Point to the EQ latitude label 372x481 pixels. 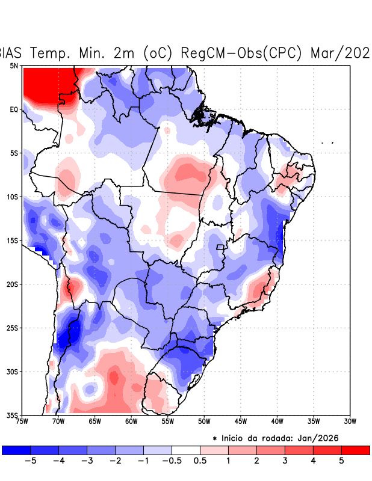[14, 109]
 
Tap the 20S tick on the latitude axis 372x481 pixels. [13, 284]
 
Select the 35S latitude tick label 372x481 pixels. [13, 415]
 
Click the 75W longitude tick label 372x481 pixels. [23, 421]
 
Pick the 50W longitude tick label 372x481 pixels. [204, 421]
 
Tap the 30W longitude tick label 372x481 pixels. [350, 421]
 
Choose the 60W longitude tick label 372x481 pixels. [131, 421]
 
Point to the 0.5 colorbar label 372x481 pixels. [200, 461]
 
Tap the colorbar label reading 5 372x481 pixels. [341, 461]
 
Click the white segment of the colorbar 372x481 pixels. [186, 450]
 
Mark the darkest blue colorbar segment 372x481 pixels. [16, 450]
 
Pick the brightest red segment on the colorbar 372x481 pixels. [355, 450]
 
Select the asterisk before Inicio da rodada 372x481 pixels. [215, 439]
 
